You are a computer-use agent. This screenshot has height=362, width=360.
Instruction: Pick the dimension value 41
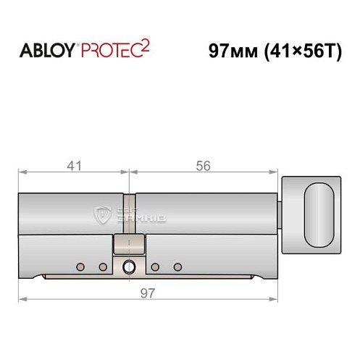(x=73, y=166)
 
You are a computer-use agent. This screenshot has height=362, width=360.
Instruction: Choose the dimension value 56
(x=204, y=166)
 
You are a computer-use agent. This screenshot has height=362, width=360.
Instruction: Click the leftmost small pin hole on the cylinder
(x=82, y=266)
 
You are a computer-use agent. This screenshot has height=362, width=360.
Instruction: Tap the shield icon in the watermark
(x=101, y=213)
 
